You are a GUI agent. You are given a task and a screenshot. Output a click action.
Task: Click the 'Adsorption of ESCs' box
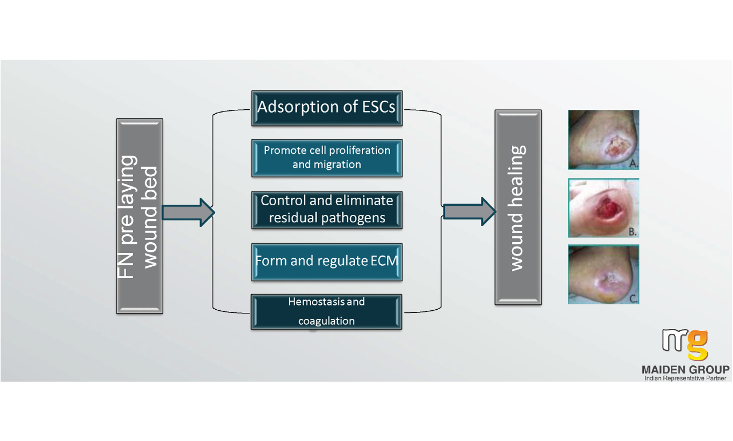[x=327, y=108]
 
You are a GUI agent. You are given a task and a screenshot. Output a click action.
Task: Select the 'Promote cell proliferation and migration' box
[x=327, y=158]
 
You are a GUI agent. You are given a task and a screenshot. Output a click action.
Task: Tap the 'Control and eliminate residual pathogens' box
[x=327, y=210]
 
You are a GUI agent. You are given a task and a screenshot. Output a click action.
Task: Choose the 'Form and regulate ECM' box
[x=327, y=262]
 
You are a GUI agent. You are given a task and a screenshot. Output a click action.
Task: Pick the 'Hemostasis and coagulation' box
[x=326, y=312]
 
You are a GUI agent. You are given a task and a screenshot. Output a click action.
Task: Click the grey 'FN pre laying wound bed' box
[x=140, y=216]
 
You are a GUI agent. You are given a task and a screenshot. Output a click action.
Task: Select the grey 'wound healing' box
[x=518, y=207]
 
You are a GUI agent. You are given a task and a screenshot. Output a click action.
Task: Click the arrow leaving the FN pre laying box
[x=188, y=213]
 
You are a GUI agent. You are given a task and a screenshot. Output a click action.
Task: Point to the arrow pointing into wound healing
[x=469, y=212]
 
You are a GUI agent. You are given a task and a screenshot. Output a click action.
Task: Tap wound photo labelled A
[x=604, y=139]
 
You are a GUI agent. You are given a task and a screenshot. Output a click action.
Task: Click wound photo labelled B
[x=604, y=208]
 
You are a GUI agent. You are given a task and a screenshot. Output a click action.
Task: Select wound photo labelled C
[x=604, y=274]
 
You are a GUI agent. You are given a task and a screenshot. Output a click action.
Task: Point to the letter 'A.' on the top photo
[x=634, y=163]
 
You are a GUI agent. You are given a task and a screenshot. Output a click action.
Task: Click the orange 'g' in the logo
[x=698, y=345]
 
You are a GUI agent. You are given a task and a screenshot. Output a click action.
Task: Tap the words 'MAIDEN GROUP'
[x=686, y=370]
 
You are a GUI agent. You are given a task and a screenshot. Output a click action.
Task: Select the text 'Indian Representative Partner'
[x=685, y=378]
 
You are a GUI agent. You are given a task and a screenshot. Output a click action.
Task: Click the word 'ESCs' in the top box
[x=378, y=107]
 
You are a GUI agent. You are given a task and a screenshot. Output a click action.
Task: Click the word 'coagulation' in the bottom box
[x=327, y=321]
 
